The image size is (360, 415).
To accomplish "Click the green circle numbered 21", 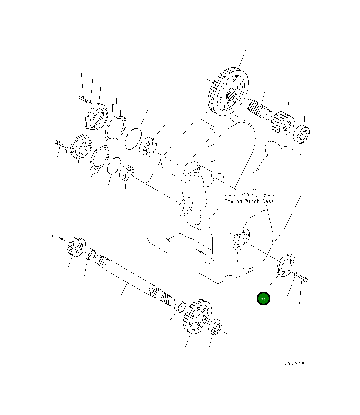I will coord(263,299).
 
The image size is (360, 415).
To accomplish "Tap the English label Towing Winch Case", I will coord(249,202).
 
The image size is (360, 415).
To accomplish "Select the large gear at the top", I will coord(228,92).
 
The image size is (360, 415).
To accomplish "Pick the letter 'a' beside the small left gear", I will coord(54,235).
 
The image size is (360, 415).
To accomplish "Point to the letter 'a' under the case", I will coord(212,258).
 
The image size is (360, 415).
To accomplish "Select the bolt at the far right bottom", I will coord(303,278).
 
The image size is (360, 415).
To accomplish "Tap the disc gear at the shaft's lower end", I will coord(197,316).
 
